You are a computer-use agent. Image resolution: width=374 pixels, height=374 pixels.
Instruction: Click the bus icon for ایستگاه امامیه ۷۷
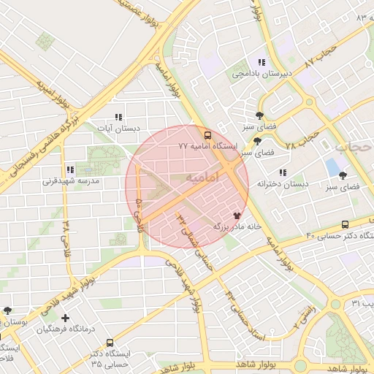pyautogui.click(x=208, y=135)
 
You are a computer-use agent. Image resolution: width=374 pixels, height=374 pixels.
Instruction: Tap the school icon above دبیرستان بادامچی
pyautogui.click(x=261, y=62)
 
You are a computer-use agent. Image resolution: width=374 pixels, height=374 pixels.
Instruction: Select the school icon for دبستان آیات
pyautogui.click(x=118, y=117)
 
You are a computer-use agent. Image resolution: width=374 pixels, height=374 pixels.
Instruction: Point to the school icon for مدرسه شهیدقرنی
pyautogui.click(x=70, y=169)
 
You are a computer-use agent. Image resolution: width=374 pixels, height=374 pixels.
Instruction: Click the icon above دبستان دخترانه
pyautogui.click(x=282, y=172)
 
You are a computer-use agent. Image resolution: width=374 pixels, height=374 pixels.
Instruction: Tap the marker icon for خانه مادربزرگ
pyautogui.click(x=236, y=215)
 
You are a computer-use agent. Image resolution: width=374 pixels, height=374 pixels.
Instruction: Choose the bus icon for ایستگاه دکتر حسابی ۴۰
pyautogui.click(x=344, y=225)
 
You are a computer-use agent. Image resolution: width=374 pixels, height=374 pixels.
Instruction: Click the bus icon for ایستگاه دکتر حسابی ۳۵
pyautogui.click(x=110, y=343)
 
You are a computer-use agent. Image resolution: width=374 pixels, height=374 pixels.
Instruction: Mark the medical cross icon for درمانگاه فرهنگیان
pyautogui.click(x=66, y=318)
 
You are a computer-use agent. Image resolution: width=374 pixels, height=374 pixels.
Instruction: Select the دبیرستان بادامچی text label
pyautogui.click(x=262, y=74)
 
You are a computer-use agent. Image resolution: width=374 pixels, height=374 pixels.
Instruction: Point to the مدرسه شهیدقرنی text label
pyautogui.click(x=71, y=180)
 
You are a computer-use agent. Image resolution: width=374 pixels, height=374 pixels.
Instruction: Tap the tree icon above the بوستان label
pyautogui.click(x=7, y=311)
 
